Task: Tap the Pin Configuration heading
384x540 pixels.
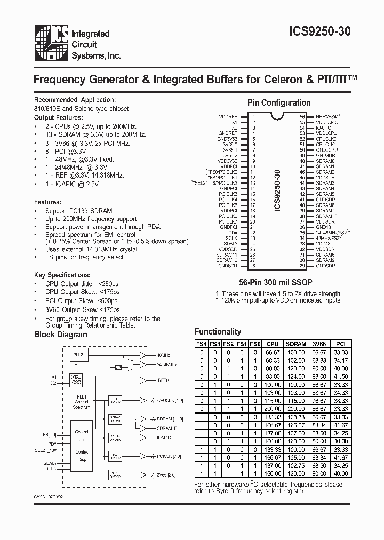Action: [x=279, y=103]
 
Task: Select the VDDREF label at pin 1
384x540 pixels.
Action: [x=228, y=116]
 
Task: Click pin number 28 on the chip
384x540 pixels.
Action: [x=254, y=266]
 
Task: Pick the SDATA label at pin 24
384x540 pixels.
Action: [x=230, y=243]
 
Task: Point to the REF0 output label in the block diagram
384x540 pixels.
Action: [x=164, y=380]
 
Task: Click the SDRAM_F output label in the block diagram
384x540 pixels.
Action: [x=167, y=428]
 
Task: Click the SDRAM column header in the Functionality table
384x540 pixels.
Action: [x=295, y=344]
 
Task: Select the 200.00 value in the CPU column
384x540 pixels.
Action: [x=273, y=408]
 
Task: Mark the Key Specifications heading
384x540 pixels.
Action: [x=60, y=275]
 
